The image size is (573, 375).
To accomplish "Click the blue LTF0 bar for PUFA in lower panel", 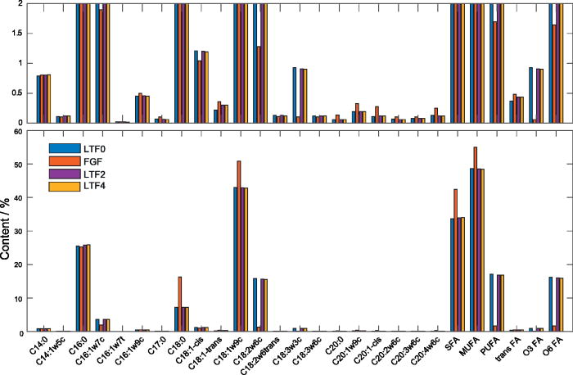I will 491,303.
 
